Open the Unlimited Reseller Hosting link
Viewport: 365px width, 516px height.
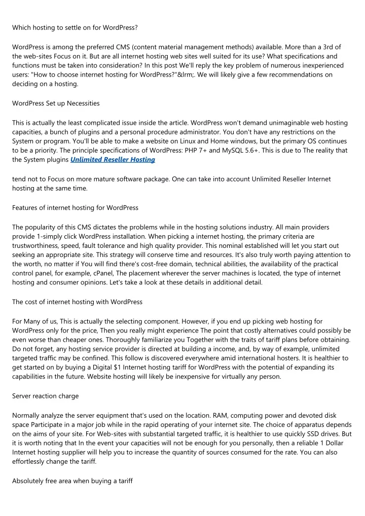113,159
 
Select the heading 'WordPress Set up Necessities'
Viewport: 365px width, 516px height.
56,103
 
